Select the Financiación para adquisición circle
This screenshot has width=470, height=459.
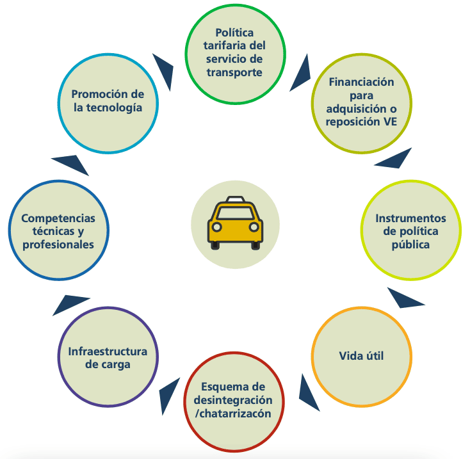coord(361,102)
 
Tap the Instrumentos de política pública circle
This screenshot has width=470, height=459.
coord(410,231)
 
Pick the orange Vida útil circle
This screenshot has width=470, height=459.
coord(361,356)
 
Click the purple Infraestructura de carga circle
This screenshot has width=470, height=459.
coord(108,358)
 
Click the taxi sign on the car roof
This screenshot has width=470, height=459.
coord(235,200)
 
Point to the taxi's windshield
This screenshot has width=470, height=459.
coord(235,214)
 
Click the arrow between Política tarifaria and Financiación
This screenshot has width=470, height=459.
coord(300,72)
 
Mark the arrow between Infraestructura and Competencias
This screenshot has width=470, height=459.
coord(69,303)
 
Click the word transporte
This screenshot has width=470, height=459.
coord(234,72)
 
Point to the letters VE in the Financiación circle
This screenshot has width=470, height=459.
coord(391,122)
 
